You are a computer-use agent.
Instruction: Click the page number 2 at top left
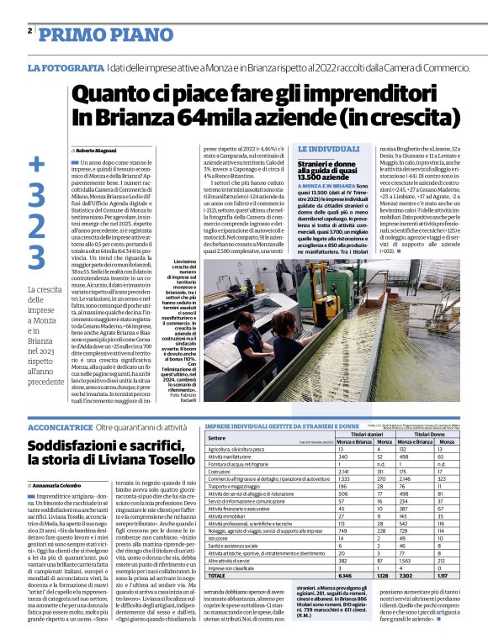[x=29, y=31]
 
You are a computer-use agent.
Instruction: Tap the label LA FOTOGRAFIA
[x=66, y=66]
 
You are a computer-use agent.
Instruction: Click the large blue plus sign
[x=36, y=166]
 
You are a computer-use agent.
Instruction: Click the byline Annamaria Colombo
[x=60, y=485]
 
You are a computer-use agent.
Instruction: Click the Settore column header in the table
[x=217, y=437]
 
